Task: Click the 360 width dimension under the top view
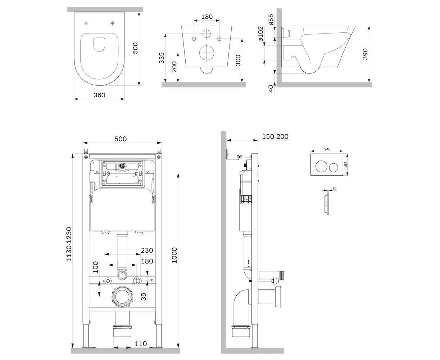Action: (x=99, y=95)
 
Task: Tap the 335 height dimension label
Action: (x=162, y=58)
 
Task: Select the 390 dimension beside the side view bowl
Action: (x=366, y=54)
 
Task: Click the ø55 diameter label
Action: (x=272, y=20)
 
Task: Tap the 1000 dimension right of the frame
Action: (x=174, y=255)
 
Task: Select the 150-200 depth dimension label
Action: (x=275, y=136)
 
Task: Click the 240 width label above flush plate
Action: (x=327, y=149)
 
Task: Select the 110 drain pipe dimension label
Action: (x=141, y=344)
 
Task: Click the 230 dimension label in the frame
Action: (x=146, y=251)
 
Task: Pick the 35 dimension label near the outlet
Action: (x=144, y=296)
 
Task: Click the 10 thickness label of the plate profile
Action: (x=335, y=188)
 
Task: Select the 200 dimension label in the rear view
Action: (x=174, y=67)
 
